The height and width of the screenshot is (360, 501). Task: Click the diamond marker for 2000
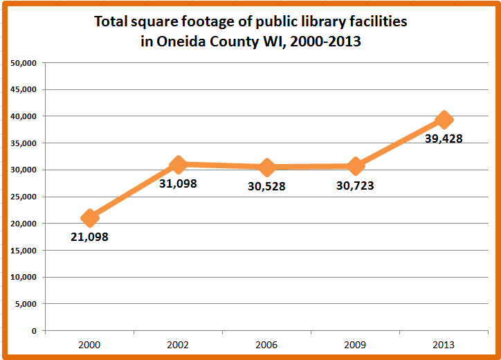pos(89,218)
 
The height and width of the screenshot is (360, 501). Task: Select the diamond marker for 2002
pos(179,165)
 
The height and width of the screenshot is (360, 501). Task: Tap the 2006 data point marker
pos(267,168)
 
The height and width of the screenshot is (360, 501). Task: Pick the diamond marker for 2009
pos(356,166)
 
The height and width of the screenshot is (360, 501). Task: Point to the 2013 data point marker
pos(444,120)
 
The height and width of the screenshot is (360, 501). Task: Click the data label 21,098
pos(89,237)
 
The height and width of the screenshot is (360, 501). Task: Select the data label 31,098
pos(179,183)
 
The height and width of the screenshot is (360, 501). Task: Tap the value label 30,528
pos(267,186)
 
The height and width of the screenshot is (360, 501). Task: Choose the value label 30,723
pos(356,186)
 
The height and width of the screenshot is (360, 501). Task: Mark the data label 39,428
pos(444,138)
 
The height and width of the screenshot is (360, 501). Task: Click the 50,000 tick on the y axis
pos(24,63)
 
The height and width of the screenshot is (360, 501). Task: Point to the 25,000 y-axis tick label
pos(24,197)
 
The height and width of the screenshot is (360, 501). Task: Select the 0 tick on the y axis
pos(33,330)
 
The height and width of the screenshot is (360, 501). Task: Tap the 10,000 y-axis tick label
pos(24,277)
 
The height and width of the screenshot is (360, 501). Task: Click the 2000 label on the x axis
pos(89,344)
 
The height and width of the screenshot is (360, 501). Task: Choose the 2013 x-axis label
pos(444,344)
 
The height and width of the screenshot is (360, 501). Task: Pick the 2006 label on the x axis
pos(267,344)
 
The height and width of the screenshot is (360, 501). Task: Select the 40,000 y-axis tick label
pos(24,116)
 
